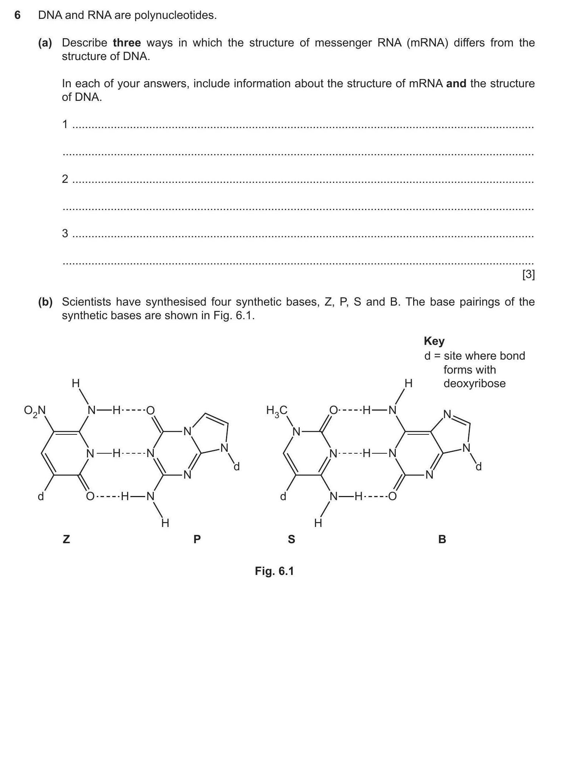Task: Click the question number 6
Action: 17,15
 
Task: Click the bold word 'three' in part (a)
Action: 127,43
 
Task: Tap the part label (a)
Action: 45,43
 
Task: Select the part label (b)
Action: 45,302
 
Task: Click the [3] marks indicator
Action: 528,275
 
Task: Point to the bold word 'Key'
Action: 434,341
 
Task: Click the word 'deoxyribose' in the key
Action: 474,383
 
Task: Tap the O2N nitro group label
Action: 34,411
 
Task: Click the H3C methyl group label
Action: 277,411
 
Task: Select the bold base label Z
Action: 66,539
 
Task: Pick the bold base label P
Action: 197,539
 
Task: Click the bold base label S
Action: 291,539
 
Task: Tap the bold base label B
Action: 442,539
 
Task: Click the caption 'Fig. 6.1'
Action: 274,571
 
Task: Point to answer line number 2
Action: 65,179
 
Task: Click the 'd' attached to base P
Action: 237,467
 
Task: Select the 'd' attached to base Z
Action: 41,496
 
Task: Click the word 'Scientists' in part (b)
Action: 87,302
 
